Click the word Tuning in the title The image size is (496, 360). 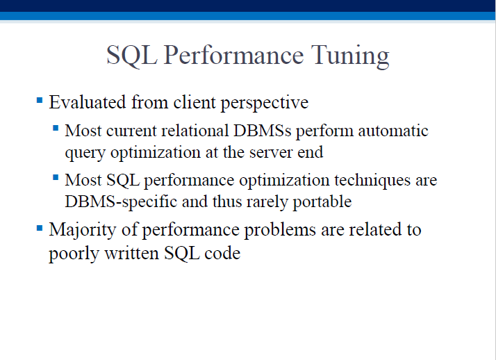coord(350,56)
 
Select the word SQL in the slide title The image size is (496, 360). coord(132,56)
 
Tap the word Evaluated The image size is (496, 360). coord(88,102)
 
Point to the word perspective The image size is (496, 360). coord(265,103)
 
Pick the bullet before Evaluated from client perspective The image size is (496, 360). coord(40,101)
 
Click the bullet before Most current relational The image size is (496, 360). coord(56,128)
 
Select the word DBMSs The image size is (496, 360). coord(262,131)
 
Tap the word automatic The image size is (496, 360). coord(393,131)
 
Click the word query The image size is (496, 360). coord(85,154)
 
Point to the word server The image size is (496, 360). coord(271,152)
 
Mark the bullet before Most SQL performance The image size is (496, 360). coord(56,177)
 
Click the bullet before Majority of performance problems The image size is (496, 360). coord(40,228)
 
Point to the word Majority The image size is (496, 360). coord(83,231)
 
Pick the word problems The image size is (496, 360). coord(280,230)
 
